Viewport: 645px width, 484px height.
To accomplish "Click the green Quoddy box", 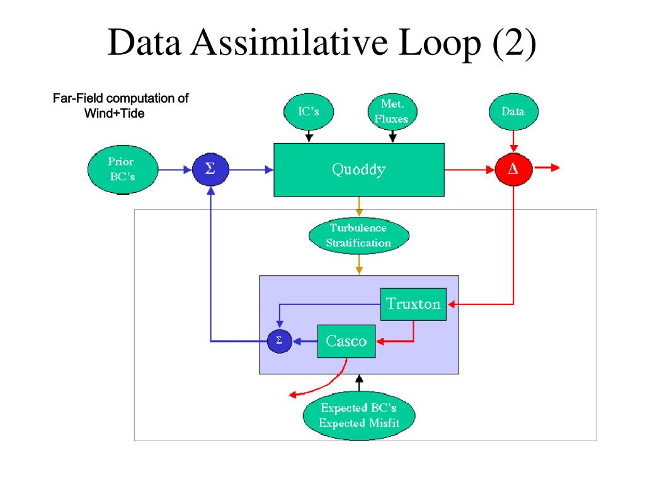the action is pyautogui.click(x=358, y=170).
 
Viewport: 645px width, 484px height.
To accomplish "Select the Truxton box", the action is pyautogui.click(x=413, y=304).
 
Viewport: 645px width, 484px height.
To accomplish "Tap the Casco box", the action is pyautogui.click(x=346, y=341).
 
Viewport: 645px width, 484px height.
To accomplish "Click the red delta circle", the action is pyautogui.click(x=513, y=169).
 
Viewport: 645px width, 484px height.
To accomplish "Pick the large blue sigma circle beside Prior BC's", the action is pyautogui.click(x=210, y=169).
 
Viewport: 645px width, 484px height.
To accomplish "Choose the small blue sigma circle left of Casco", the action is pyautogui.click(x=279, y=341).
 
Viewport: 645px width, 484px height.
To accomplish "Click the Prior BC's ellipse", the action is pyautogui.click(x=123, y=169).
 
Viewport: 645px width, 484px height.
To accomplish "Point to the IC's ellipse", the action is pyautogui.click(x=309, y=112).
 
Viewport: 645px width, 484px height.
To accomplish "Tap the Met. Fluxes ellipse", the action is pyautogui.click(x=392, y=112).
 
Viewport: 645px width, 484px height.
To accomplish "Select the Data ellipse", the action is pyautogui.click(x=513, y=112).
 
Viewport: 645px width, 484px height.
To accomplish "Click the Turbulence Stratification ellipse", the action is pyautogui.click(x=358, y=236).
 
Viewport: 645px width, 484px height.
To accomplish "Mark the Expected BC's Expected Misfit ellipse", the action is pyautogui.click(x=359, y=415).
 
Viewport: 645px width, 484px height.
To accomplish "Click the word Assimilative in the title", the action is pyautogui.click(x=290, y=42).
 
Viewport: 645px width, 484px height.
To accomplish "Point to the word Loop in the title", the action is pyautogui.click(x=440, y=43).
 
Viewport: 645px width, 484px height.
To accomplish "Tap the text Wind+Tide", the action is pyautogui.click(x=115, y=113).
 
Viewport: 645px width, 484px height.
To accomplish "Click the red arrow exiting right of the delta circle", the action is pyautogui.click(x=547, y=168).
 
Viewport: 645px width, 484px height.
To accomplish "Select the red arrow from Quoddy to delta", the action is pyautogui.click(x=470, y=169).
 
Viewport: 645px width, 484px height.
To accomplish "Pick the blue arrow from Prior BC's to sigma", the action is pyautogui.click(x=175, y=169).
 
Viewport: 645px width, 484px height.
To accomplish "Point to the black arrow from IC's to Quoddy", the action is pyautogui.click(x=309, y=136).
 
